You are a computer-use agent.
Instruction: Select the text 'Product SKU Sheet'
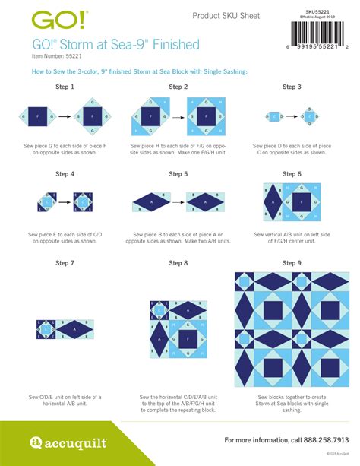(x=226, y=16)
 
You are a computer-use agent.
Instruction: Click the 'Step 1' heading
(x=65, y=87)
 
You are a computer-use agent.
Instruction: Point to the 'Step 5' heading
(x=179, y=174)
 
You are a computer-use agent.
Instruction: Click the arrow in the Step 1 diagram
(x=65, y=116)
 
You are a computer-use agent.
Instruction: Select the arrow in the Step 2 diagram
(x=179, y=116)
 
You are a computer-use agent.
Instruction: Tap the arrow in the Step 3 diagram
(x=291, y=116)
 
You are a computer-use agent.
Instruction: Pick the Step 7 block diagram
(x=65, y=328)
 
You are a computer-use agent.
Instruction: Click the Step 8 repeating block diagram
(x=179, y=329)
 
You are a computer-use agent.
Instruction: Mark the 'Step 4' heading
(x=65, y=174)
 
